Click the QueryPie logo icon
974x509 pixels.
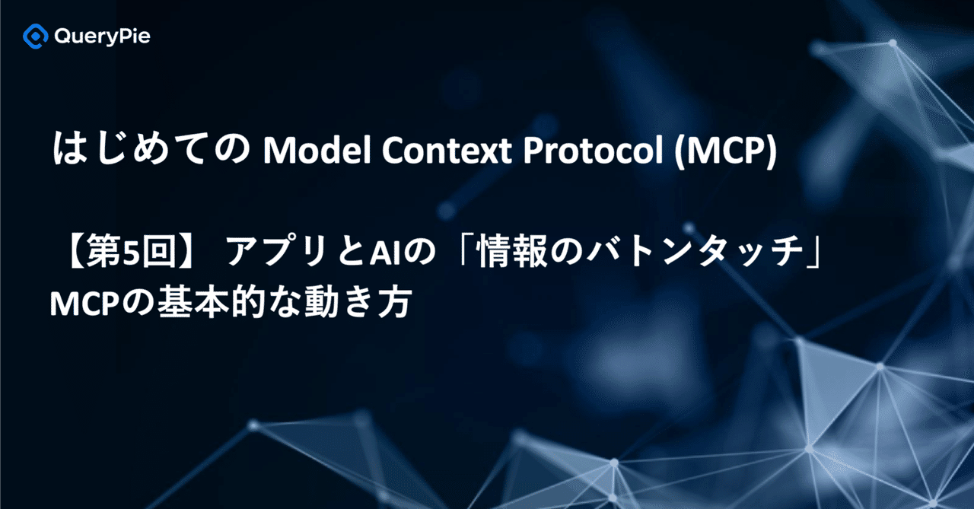tap(35, 36)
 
